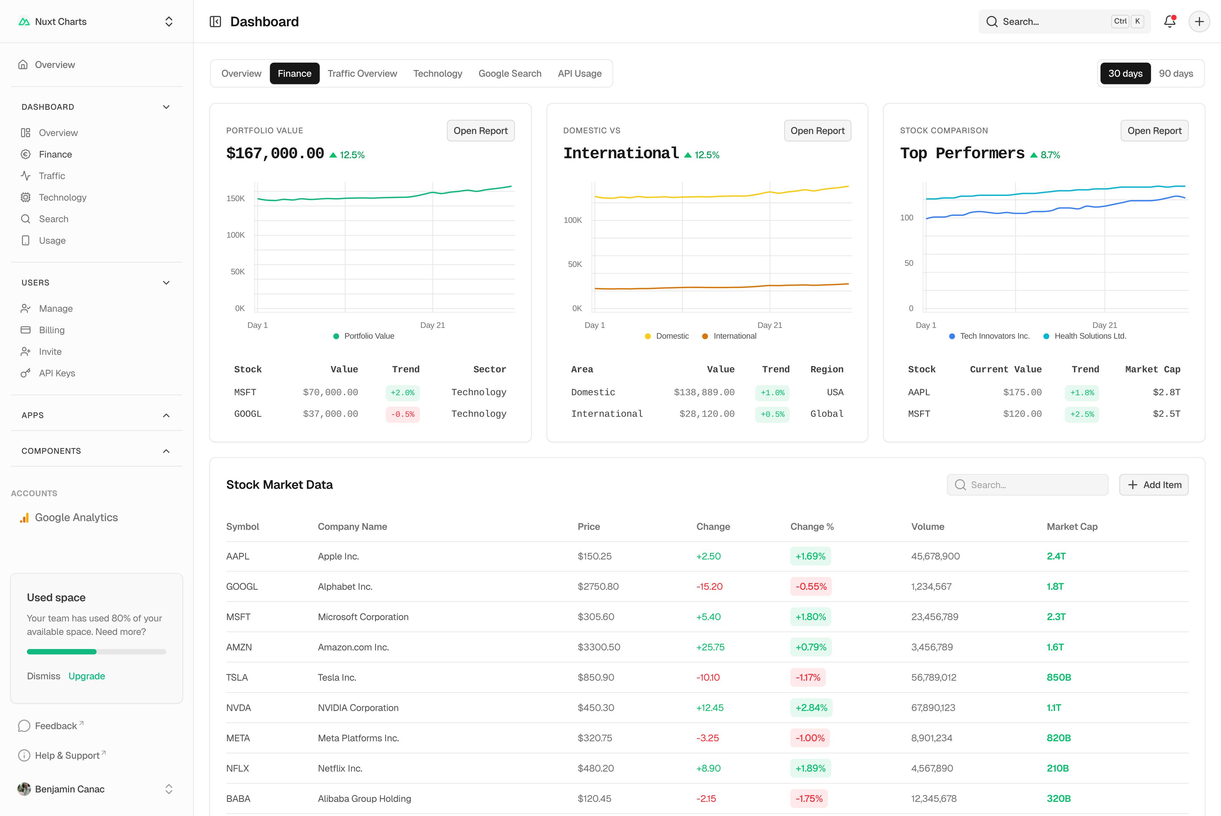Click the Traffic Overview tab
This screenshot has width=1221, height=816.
coord(362,73)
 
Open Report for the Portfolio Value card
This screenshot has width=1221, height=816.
coord(480,131)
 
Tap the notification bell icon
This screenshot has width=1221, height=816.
coord(1170,21)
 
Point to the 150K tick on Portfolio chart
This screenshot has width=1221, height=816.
coord(236,198)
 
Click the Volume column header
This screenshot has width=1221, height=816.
coord(928,526)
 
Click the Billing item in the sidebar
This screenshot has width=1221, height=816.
coord(51,330)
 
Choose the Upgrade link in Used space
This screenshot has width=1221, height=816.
coord(86,676)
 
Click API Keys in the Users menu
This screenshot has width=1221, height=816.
coord(57,373)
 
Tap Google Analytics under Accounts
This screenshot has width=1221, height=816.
coord(76,517)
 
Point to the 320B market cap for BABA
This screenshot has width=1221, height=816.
coord(1058,798)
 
